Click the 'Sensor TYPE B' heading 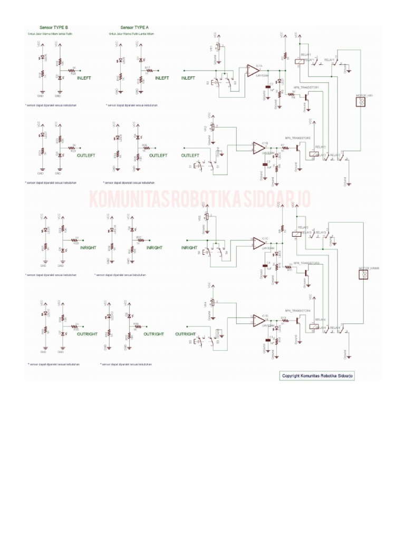coord(54,27)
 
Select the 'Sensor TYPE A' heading coord(134,27)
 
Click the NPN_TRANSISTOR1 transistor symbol coord(306,97)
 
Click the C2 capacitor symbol coord(271,84)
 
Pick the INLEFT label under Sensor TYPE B coord(84,78)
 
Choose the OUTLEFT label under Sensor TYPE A coord(158,156)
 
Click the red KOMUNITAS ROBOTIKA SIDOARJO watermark coord(200,200)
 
